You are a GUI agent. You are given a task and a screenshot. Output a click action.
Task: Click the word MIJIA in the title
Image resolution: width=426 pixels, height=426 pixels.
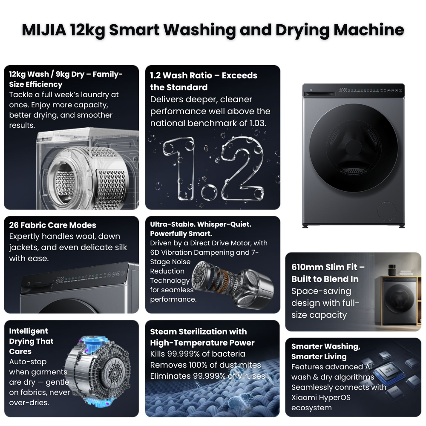(44, 30)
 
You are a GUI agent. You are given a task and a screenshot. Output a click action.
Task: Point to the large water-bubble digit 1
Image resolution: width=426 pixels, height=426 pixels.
(180, 168)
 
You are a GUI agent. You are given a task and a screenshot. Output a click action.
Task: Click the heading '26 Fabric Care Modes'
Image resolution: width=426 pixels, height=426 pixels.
(52, 225)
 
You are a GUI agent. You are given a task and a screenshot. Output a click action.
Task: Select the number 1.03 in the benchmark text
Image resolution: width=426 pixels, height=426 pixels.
(257, 123)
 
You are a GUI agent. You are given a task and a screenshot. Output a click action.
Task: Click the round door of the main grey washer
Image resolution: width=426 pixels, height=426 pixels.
(354, 148)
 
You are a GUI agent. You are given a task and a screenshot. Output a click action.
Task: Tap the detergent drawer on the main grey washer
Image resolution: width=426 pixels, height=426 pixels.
(320, 93)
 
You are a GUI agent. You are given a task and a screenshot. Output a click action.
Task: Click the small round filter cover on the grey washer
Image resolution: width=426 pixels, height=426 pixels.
(387, 211)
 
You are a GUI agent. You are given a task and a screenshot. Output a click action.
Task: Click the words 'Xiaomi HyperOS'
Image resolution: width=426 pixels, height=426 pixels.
(321, 397)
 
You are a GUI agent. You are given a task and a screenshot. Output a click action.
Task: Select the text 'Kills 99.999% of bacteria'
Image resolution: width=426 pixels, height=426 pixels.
(198, 354)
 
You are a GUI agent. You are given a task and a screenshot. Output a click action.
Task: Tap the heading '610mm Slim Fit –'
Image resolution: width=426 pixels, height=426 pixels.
(328, 267)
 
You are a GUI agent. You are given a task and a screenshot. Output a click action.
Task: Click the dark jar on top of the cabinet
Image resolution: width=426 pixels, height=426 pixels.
(392, 270)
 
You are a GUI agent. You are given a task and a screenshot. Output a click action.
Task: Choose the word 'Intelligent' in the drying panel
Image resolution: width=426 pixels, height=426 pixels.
(28, 331)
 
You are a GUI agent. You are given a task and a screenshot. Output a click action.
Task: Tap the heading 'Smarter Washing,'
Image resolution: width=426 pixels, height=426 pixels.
(326, 346)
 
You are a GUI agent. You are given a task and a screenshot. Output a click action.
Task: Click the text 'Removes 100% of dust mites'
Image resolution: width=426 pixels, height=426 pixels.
(205, 365)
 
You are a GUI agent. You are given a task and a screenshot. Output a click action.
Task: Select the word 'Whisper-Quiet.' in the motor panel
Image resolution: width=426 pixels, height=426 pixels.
(224, 224)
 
